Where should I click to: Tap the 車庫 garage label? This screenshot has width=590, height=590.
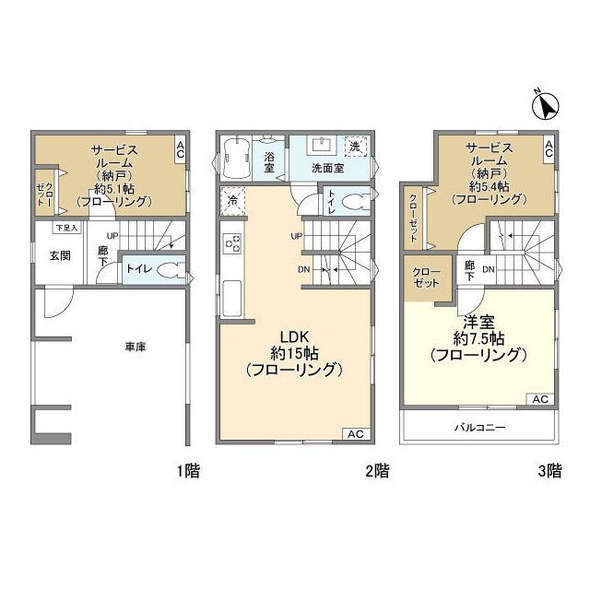pyautogui.click(x=137, y=347)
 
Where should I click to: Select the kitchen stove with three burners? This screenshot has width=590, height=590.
pyautogui.click(x=232, y=244)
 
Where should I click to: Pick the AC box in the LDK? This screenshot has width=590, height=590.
pyautogui.click(x=355, y=433)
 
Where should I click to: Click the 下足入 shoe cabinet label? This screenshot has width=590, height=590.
pyautogui.click(x=66, y=227)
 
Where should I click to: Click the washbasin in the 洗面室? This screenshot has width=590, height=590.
pyautogui.click(x=323, y=146)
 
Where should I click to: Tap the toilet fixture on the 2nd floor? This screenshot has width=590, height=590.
pyautogui.click(x=358, y=201)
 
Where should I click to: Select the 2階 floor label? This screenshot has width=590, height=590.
pyautogui.click(x=376, y=471)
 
